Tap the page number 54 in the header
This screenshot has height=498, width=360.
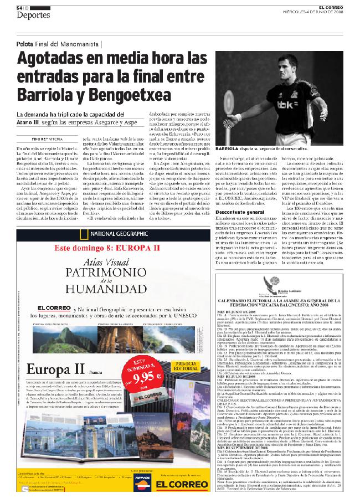click(19, 7)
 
